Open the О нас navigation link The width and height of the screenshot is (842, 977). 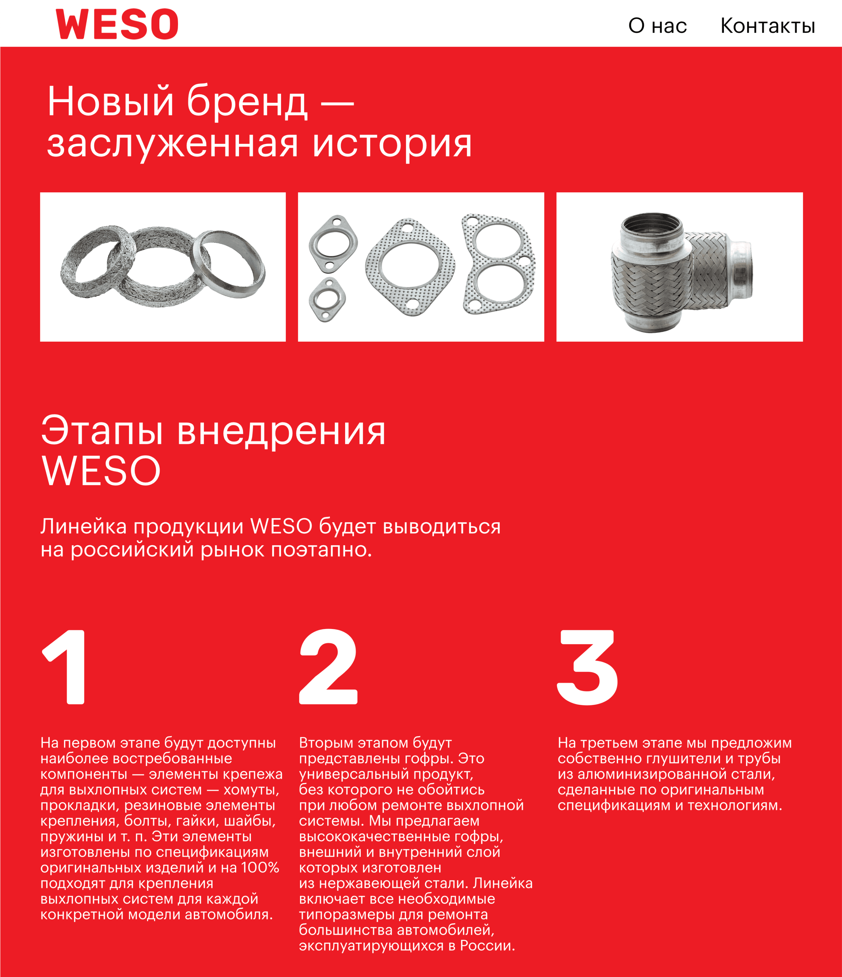pos(657,26)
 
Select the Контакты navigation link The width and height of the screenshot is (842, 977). pos(767,26)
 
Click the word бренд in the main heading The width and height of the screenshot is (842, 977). pos(247,101)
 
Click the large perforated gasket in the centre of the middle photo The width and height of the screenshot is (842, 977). pos(410,267)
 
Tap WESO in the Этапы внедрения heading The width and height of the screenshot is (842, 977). pos(101,471)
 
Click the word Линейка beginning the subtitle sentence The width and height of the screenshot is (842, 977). pos(84,526)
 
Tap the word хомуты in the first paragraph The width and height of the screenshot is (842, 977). pos(251,789)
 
